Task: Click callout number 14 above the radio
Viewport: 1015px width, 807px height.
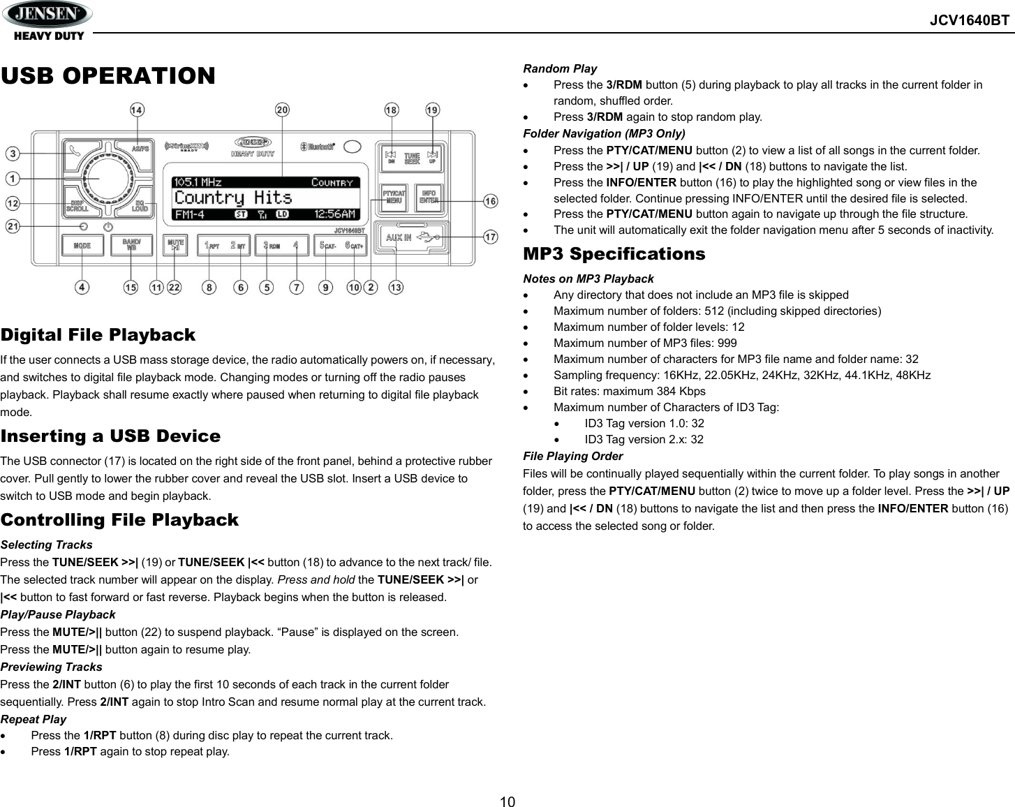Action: point(137,110)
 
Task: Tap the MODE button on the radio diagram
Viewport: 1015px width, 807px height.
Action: point(82,246)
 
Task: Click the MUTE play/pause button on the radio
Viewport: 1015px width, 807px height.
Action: point(176,245)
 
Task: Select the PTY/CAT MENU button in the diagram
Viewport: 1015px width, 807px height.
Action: point(394,196)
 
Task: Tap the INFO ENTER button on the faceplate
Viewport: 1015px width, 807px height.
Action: point(429,196)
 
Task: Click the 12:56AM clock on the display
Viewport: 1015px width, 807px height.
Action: point(334,214)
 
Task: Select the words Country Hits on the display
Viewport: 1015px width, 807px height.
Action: point(233,198)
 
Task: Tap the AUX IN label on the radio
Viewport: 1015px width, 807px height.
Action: point(399,237)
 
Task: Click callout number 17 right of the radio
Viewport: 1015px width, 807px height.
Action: point(491,237)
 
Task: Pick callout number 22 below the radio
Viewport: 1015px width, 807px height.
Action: point(174,287)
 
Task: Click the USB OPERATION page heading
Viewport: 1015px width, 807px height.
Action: point(108,75)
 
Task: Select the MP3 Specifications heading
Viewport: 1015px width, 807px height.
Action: point(614,254)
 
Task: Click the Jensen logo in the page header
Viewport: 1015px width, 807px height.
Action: point(47,14)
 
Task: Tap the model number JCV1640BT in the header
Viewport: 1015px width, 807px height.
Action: point(969,20)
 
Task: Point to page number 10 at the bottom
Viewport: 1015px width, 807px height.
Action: point(507,801)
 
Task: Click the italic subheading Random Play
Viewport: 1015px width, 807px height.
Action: point(560,68)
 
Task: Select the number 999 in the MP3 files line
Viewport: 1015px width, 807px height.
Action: point(727,343)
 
